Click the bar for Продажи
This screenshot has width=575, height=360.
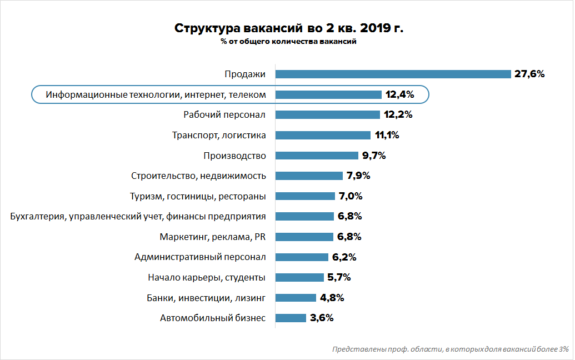pos(393,74)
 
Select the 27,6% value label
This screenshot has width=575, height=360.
pos(529,74)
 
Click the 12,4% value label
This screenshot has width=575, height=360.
pos(399,94)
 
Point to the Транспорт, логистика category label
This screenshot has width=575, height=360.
pos(219,135)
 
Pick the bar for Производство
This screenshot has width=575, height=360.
pos(317,156)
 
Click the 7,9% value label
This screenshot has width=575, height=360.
pos(358,176)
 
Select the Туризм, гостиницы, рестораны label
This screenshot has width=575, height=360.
pos(198,196)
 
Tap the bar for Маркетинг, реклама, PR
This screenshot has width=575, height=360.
pos(304,237)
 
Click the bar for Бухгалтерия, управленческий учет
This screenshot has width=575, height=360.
pos(304,216)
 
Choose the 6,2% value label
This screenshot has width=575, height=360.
pos(344,257)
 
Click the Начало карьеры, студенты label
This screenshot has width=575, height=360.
pos(207,277)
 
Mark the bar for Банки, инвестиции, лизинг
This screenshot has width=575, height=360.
pos(296,298)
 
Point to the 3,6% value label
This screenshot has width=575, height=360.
pos(322,318)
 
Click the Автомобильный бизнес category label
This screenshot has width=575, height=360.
pos(213,318)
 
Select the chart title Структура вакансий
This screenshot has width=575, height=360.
pos(288,28)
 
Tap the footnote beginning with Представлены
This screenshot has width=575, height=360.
pos(450,349)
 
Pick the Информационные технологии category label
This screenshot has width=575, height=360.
pos(156,94)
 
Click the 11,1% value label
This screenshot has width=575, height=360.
pos(387,135)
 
